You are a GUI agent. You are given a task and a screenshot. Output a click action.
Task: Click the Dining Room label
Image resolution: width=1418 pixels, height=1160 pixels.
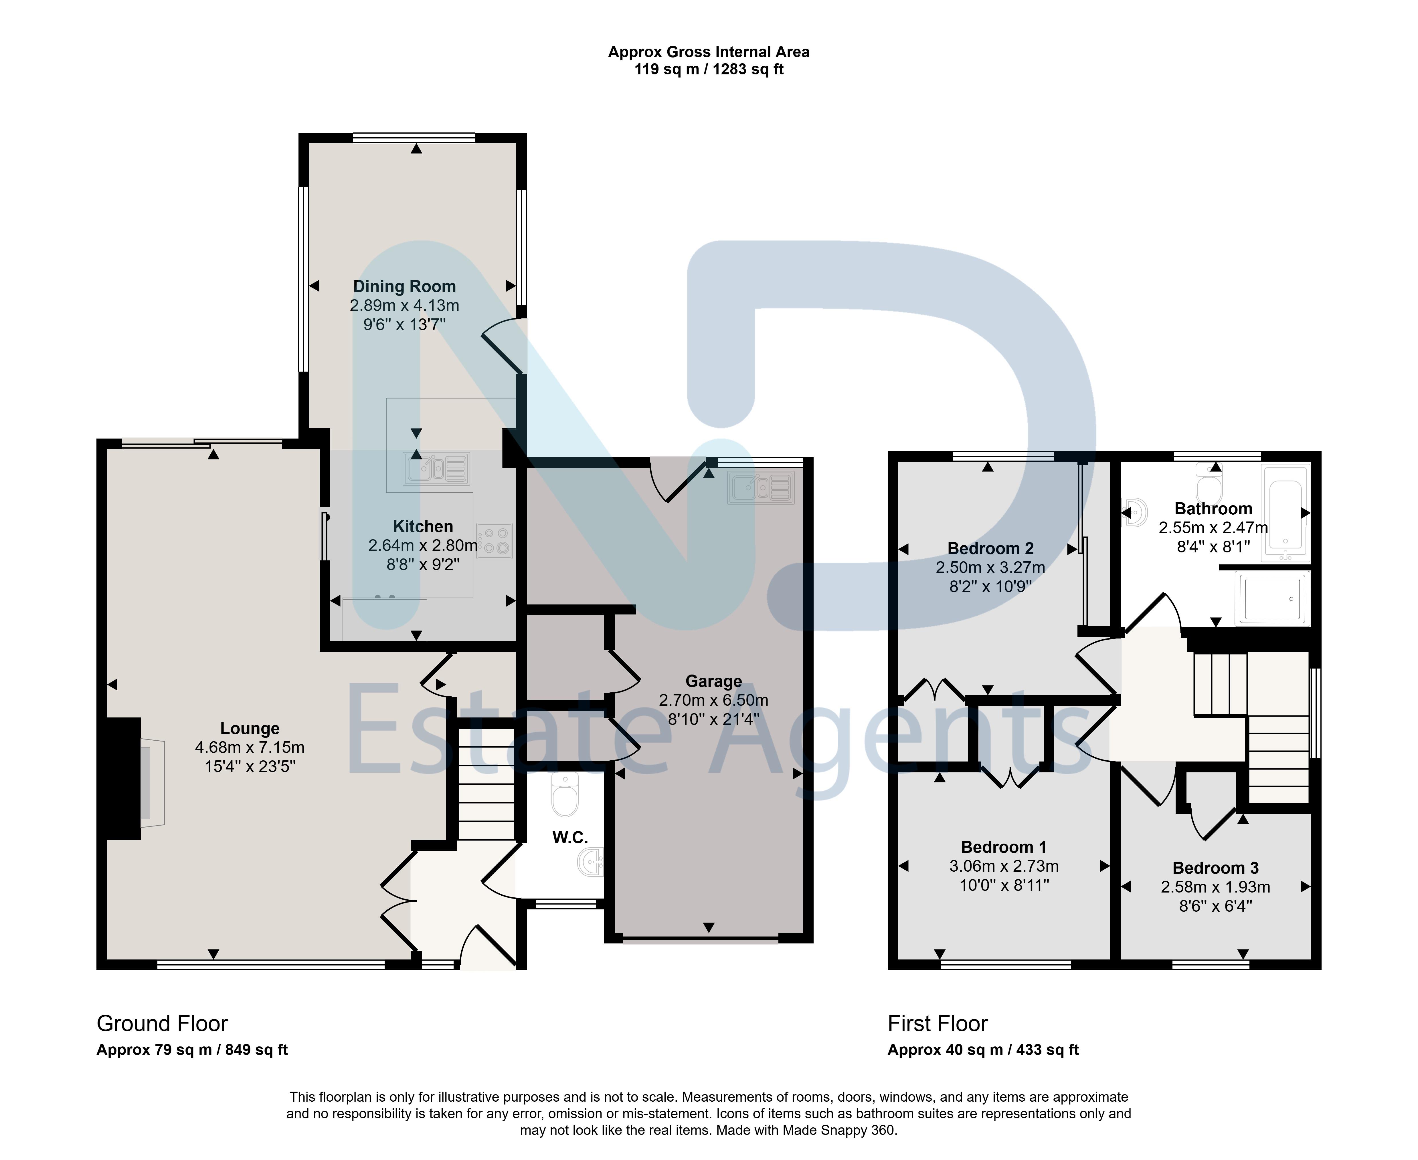tap(404, 287)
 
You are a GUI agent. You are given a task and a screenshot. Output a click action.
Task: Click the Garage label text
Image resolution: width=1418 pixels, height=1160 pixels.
tap(713, 682)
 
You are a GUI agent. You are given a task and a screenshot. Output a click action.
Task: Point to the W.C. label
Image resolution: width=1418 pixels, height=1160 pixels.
tap(570, 838)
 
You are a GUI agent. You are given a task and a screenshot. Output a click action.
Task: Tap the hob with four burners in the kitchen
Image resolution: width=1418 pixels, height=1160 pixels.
tap(495, 541)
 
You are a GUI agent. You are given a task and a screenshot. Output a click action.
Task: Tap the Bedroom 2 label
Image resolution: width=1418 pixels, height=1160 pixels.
tap(990, 549)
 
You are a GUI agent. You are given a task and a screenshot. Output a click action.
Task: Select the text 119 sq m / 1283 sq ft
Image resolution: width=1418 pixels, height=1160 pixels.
tap(709, 70)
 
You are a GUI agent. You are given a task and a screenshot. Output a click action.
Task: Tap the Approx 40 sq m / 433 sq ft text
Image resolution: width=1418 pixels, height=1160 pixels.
tap(983, 1050)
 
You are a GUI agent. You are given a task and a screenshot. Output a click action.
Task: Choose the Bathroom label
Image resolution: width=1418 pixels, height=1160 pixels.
tap(1213, 509)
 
